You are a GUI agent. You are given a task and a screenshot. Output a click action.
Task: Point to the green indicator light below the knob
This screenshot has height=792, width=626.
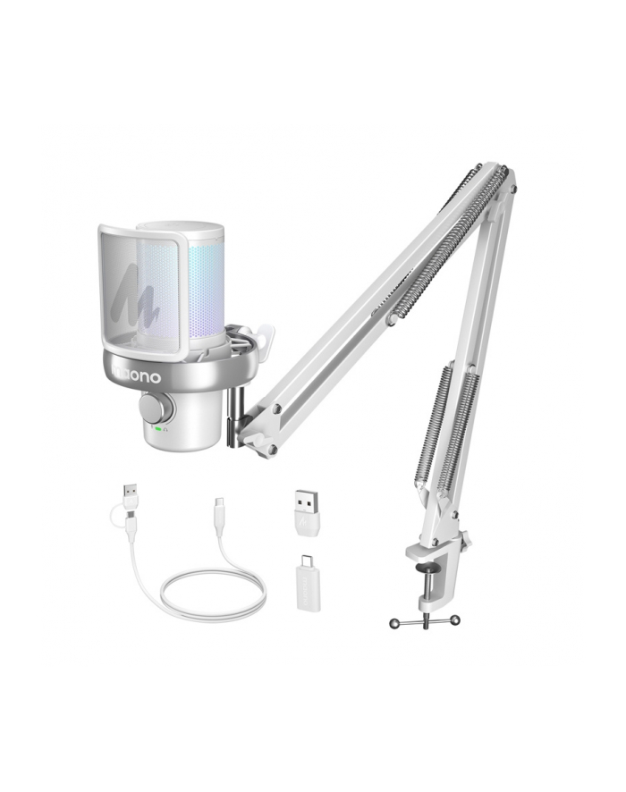pyautogui.click(x=156, y=429)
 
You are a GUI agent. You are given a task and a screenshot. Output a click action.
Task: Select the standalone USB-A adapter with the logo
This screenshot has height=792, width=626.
pyautogui.click(x=307, y=511)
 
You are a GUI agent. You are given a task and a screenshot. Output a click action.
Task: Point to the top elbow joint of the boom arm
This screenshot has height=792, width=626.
pyautogui.click(x=505, y=179)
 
